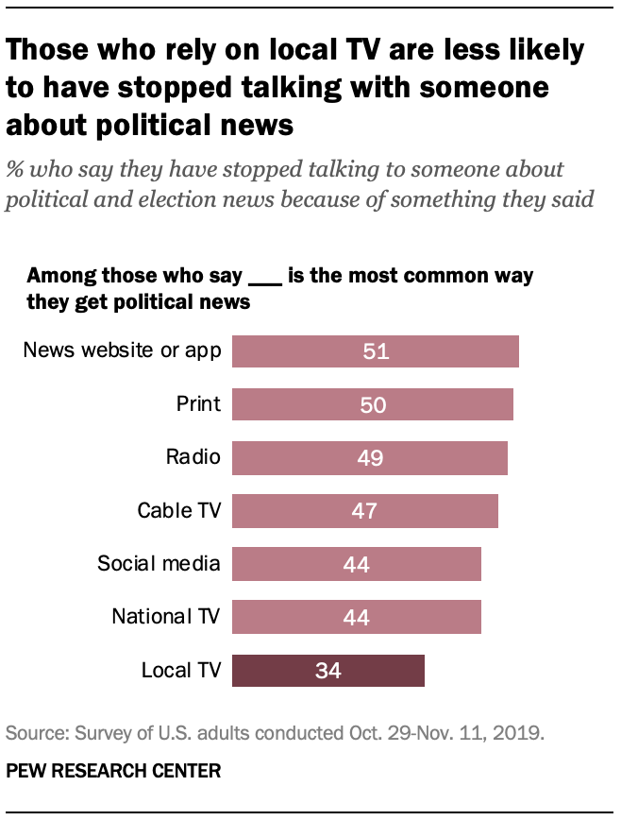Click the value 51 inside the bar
tap(376, 351)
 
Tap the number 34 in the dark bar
tap(328, 672)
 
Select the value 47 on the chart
tap(365, 511)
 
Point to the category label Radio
tap(193, 458)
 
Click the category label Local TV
tap(180, 672)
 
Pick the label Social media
tap(159, 565)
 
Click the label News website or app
tap(122, 351)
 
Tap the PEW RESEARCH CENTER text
tap(113, 772)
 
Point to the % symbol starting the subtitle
tap(15, 170)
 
